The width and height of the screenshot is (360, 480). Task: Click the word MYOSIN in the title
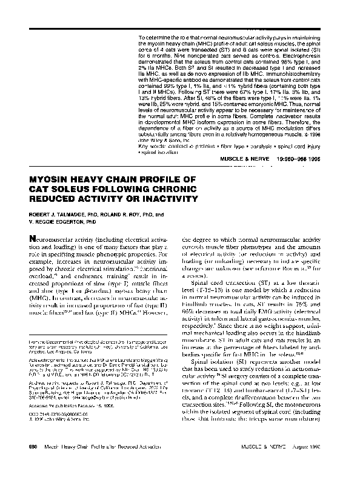tap(48, 180)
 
